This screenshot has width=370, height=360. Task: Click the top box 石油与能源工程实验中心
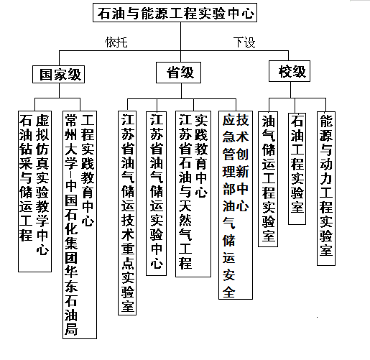[175, 12]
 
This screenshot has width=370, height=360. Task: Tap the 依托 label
[116, 42]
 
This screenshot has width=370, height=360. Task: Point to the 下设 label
[244, 42]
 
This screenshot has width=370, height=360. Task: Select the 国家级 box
[58, 74]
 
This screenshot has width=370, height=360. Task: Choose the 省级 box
[178, 73]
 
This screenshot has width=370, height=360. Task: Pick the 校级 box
[290, 71]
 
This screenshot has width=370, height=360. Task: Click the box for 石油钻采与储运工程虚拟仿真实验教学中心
[34, 191]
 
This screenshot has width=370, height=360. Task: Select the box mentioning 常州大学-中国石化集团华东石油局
[80, 225]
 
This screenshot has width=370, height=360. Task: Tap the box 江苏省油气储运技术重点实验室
[127, 213]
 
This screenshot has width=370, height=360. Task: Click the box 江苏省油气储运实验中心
[157, 193]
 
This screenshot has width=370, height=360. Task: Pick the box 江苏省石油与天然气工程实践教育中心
[193, 194]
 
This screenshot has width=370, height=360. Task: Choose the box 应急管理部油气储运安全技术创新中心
[236, 205]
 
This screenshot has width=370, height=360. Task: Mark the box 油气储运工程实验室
[268, 179]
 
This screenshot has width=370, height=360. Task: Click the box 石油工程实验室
[297, 168]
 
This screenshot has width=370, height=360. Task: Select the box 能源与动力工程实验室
[326, 188]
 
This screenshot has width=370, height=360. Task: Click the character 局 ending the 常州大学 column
[71, 328]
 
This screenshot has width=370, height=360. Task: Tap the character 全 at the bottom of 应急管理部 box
[229, 292]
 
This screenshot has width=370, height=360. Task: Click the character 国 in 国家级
[46, 75]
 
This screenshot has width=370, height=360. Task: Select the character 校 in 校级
[285, 71]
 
